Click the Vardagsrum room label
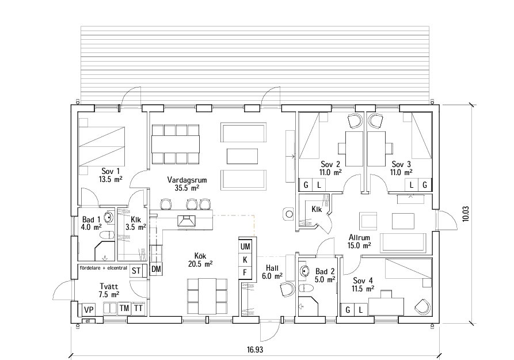click(187, 183)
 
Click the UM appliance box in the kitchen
click(245, 246)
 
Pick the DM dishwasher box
click(156, 269)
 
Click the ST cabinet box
click(136, 270)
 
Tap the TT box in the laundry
click(138, 308)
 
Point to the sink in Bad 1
click(107, 218)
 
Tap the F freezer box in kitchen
click(245, 272)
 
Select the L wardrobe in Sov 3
click(412, 185)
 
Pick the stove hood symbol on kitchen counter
click(187, 219)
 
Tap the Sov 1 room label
click(110, 175)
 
